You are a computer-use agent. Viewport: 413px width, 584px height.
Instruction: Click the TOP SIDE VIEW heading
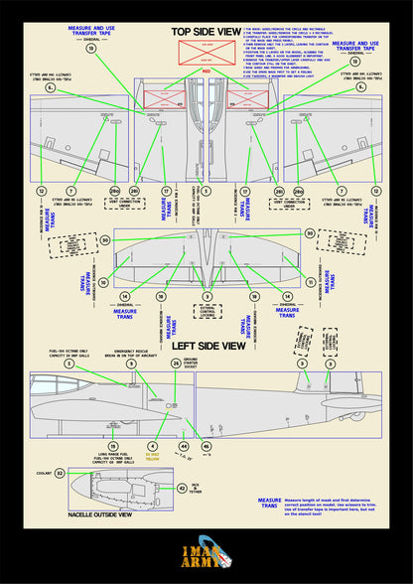206,31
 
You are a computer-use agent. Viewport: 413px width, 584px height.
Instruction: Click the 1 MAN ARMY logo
206,555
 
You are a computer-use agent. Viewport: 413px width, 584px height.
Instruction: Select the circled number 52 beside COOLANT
60,474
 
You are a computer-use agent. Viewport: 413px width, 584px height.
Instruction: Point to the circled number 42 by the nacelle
180,488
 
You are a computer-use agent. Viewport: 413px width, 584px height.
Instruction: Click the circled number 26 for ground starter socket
177,364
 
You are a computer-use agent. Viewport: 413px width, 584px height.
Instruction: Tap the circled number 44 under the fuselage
183,446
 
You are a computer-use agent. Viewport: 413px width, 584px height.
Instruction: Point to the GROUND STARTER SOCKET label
204,365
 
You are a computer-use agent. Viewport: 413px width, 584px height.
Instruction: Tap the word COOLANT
40,474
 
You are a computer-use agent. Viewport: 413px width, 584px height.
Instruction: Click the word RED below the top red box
206,72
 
